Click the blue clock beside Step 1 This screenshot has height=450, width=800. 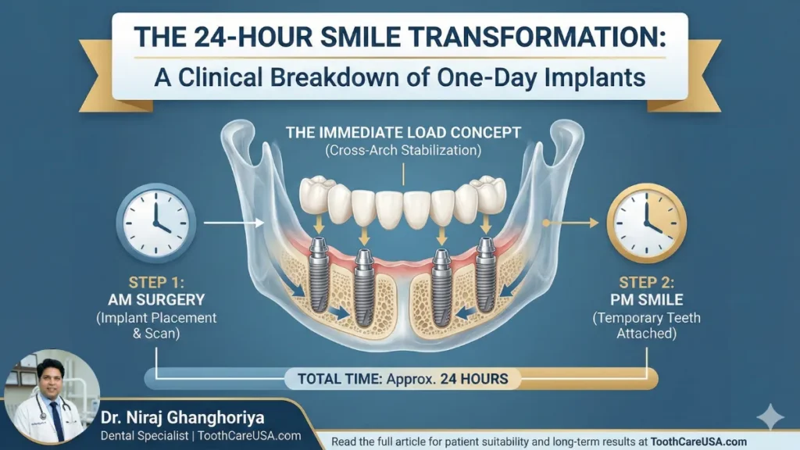click(x=155, y=223)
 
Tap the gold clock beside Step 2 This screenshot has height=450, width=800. click(x=646, y=223)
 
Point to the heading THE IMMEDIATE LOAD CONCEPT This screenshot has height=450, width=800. click(x=403, y=131)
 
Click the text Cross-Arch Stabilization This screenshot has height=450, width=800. click(x=403, y=149)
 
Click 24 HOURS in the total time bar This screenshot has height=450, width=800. click(x=474, y=380)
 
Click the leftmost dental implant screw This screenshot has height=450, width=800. click(x=318, y=273)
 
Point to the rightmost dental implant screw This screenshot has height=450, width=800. click(x=486, y=273)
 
